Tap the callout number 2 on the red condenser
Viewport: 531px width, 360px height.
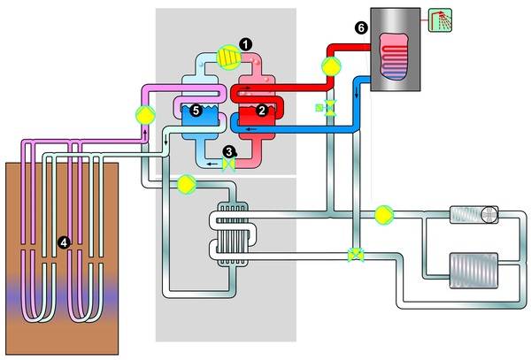261,111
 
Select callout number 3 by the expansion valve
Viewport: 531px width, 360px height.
228,151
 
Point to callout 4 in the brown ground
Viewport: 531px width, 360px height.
62,240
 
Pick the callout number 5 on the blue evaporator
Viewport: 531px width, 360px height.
196,111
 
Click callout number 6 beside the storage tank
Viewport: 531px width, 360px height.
359,28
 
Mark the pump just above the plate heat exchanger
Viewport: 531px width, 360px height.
187,184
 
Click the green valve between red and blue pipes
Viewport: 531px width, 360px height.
328,109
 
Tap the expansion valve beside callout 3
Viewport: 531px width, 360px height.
229,165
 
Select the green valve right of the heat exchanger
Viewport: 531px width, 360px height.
356,255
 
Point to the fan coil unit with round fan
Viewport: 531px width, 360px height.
475,213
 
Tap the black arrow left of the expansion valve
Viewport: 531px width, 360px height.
207,163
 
